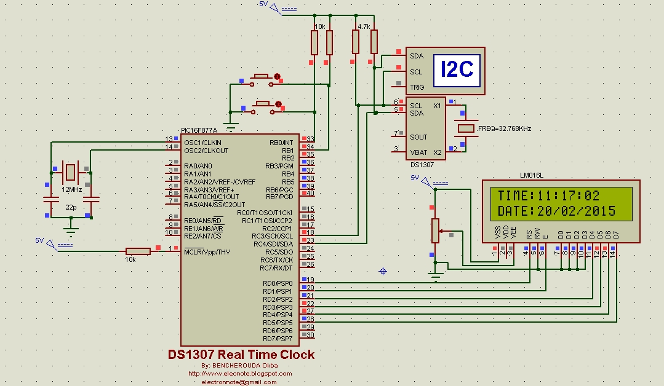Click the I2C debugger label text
(457, 69)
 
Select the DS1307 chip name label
(423, 165)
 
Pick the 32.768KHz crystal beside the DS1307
(466, 128)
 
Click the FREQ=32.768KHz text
(504, 129)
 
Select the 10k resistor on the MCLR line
(138, 251)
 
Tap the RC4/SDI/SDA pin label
(273, 244)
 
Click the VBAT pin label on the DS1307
(419, 152)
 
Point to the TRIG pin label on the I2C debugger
(417, 87)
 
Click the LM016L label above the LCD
(532, 175)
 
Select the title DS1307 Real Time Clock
(241, 355)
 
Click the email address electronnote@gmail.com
(239, 382)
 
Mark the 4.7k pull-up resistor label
(364, 27)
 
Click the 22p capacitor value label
(71, 208)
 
